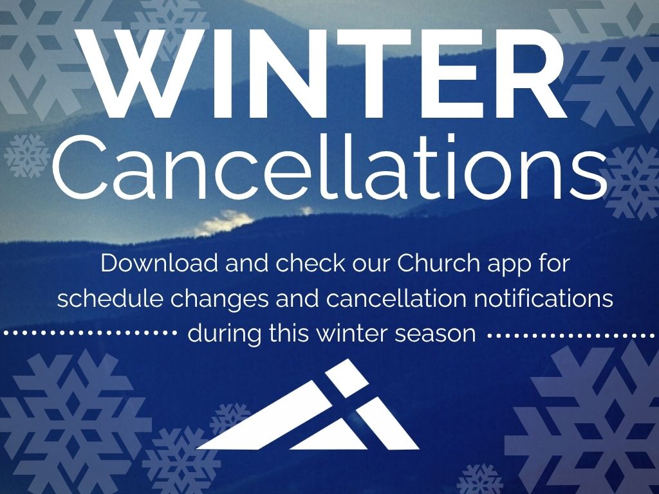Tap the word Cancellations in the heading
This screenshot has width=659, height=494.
coord(330,168)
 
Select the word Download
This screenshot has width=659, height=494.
coord(160,263)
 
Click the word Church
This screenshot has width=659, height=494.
coord(438,263)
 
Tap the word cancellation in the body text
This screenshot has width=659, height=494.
coord(396,298)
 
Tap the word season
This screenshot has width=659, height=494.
coord(436,335)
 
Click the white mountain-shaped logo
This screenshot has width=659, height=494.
coord(308,405)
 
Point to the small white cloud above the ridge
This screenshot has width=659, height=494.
coord(224,222)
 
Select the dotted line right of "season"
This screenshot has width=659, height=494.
coord(573,336)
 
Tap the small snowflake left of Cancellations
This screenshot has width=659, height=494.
coord(27,156)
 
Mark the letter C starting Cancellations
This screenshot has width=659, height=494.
coord(80,168)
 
